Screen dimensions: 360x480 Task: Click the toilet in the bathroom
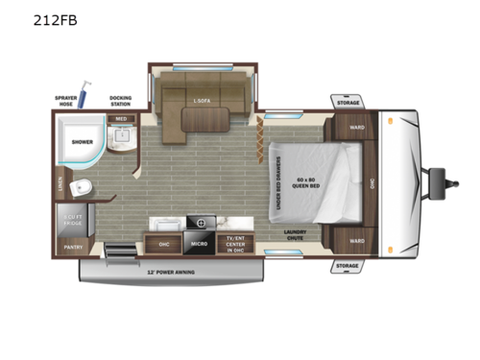(84, 186)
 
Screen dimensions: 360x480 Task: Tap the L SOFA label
(203, 99)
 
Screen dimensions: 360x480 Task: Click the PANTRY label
(73, 247)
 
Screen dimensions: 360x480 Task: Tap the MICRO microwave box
(200, 245)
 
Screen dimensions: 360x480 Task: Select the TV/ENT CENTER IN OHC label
(234, 244)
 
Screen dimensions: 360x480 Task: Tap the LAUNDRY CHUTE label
(295, 235)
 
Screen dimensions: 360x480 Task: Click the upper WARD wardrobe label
(356, 126)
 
